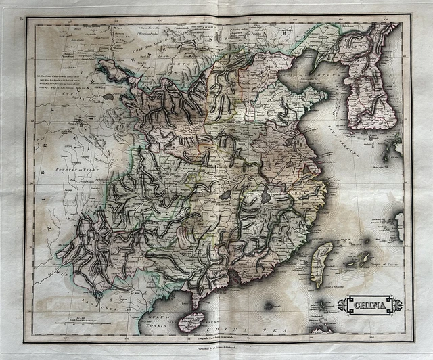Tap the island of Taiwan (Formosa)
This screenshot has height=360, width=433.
324,265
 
